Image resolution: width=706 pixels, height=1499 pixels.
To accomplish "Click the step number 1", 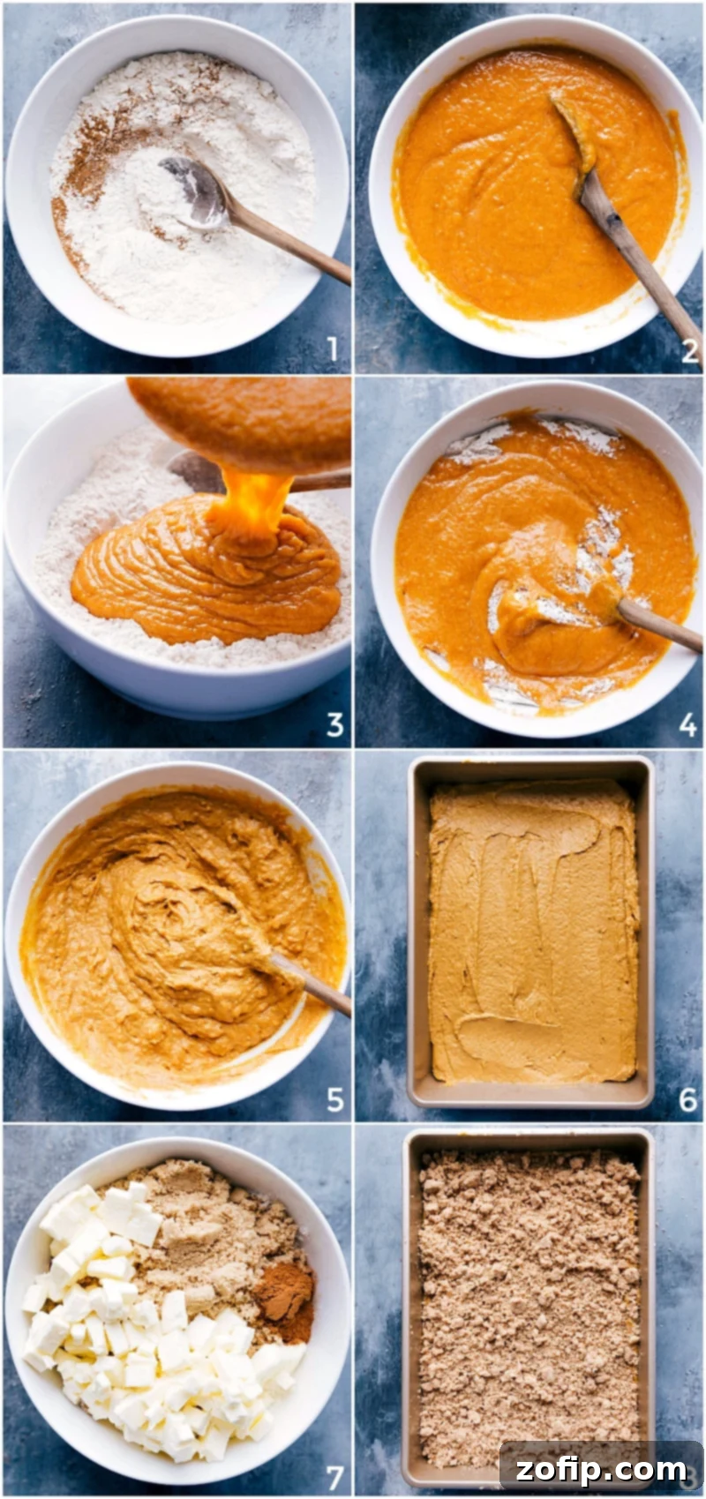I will [x=333, y=350].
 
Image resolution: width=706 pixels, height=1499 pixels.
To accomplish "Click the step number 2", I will [x=689, y=351].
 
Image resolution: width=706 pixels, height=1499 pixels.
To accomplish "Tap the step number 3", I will [x=334, y=724].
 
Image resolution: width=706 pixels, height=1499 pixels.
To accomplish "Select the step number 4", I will [x=688, y=725].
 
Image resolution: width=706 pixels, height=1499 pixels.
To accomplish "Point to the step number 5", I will [x=334, y=1099].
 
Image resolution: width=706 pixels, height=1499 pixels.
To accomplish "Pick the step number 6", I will [x=688, y=1099].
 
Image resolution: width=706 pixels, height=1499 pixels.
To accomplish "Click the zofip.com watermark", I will [x=600, y=1469].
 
